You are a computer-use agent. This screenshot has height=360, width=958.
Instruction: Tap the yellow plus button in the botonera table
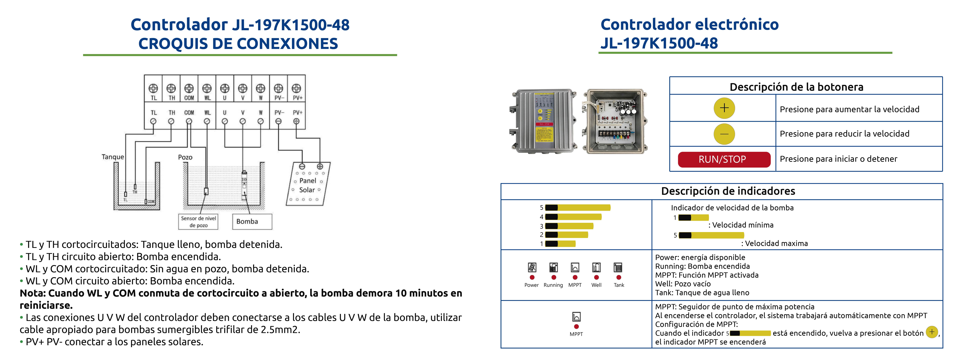point(724,108)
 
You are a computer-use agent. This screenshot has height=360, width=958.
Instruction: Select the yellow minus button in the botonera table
point(724,134)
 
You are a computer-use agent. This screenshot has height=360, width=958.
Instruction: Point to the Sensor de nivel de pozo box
point(198,222)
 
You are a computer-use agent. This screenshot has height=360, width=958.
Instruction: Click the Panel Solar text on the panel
point(308,185)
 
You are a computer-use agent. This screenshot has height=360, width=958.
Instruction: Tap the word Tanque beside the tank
point(113,157)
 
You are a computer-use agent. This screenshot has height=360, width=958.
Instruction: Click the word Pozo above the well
point(185,157)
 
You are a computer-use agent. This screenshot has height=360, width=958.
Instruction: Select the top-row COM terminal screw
point(189,88)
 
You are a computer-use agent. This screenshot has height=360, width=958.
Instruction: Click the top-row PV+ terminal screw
point(296,88)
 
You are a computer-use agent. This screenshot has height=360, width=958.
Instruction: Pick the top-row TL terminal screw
point(153,88)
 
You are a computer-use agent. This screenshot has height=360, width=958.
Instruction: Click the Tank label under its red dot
point(619,285)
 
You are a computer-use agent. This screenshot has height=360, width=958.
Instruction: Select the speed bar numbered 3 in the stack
point(569,226)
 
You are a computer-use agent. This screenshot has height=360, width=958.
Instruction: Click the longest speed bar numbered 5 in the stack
point(578,207)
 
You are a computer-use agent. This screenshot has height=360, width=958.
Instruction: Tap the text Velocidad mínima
point(743,225)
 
